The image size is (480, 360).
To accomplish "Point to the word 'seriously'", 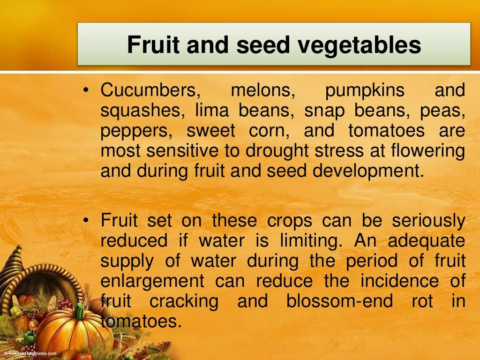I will (428, 221).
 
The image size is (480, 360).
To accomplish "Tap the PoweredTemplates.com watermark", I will (29, 353).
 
